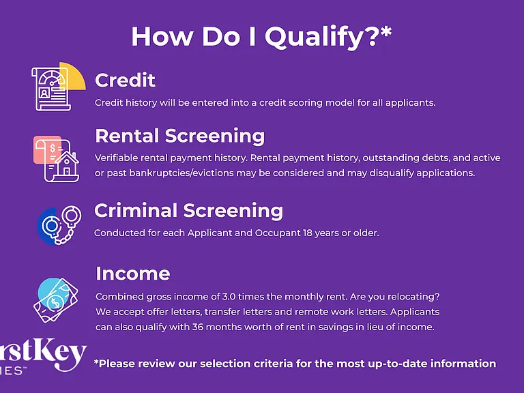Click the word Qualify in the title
click(315, 37)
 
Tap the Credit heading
click(125, 81)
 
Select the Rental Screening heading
click(180, 136)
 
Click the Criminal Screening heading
click(188, 211)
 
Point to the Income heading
click(133, 274)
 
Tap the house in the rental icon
click(67, 164)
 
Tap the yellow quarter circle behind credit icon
click(75, 76)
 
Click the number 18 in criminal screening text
click(308, 233)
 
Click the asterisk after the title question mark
click(386, 33)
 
